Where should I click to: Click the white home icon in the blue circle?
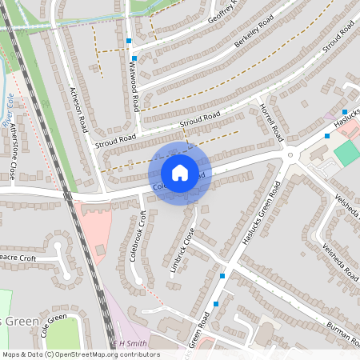(179, 173)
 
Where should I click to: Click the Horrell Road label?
(272, 118)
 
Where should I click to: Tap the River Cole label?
(9, 113)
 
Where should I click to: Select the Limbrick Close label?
(182, 250)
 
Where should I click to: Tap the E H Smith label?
(130, 342)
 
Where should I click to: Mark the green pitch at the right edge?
(346, 152)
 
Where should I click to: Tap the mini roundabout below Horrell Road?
(290, 155)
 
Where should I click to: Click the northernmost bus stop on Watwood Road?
(128, 39)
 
